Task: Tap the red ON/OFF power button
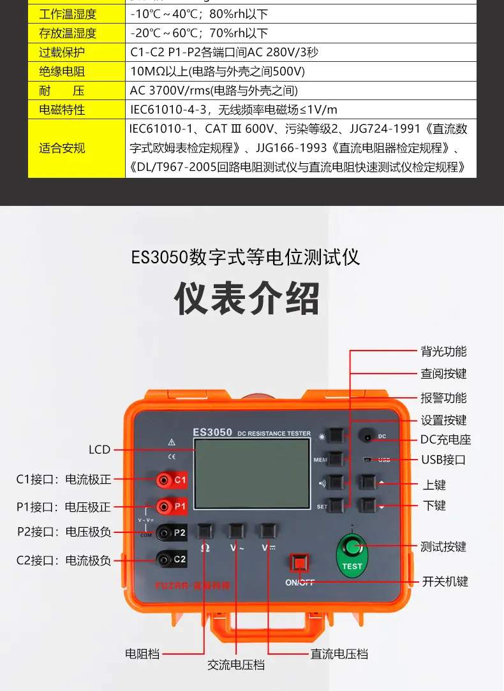click(299, 562)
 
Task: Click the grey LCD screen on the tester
click(252, 473)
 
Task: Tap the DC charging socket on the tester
click(367, 437)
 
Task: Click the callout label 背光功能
click(443, 351)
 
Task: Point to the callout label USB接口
click(443, 460)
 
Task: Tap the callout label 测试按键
click(443, 546)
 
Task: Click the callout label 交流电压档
click(236, 664)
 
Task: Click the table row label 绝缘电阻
click(62, 71)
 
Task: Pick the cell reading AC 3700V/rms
click(213, 91)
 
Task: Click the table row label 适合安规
click(62, 148)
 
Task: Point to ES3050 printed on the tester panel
click(212, 432)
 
